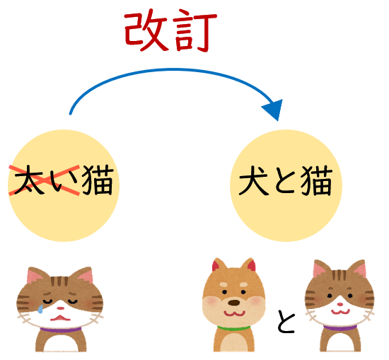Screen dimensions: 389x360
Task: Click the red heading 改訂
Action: pyautogui.click(x=170, y=30)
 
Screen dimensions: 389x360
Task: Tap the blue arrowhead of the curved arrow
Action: pyautogui.click(x=274, y=109)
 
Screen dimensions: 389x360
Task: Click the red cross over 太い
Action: pyautogui.click(x=44, y=180)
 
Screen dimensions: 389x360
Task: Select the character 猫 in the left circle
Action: pyautogui.click(x=98, y=180)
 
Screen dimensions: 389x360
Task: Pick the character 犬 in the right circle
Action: pyautogui.click(x=253, y=180)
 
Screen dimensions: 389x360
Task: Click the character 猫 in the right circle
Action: pyautogui.click(x=317, y=180)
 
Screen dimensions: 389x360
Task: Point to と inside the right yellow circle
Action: pyautogui.click(x=285, y=181)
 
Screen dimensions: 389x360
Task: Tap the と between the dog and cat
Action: pyautogui.click(x=286, y=321)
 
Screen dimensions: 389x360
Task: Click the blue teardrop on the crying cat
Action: pyautogui.click(x=40, y=309)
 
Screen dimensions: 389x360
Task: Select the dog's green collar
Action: pyautogui.click(x=233, y=328)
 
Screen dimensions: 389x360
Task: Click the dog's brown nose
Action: pyautogui.click(x=233, y=303)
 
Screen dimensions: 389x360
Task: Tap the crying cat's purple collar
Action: pyautogui.click(x=61, y=330)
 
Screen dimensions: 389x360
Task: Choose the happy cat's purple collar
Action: pyautogui.click(x=340, y=328)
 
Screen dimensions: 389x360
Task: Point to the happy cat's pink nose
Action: pyautogui.click(x=339, y=304)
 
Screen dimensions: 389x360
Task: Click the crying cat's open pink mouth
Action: pyautogui.click(x=60, y=318)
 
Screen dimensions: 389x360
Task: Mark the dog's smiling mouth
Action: pyautogui.click(x=234, y=313)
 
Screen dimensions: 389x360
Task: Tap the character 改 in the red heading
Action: pyautogui.click(x=146, y=31)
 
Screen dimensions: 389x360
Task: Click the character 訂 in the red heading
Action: pyautogui.click(x=195, y=31)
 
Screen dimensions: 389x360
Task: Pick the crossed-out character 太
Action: pyautogui.click(x=28, y=180)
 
